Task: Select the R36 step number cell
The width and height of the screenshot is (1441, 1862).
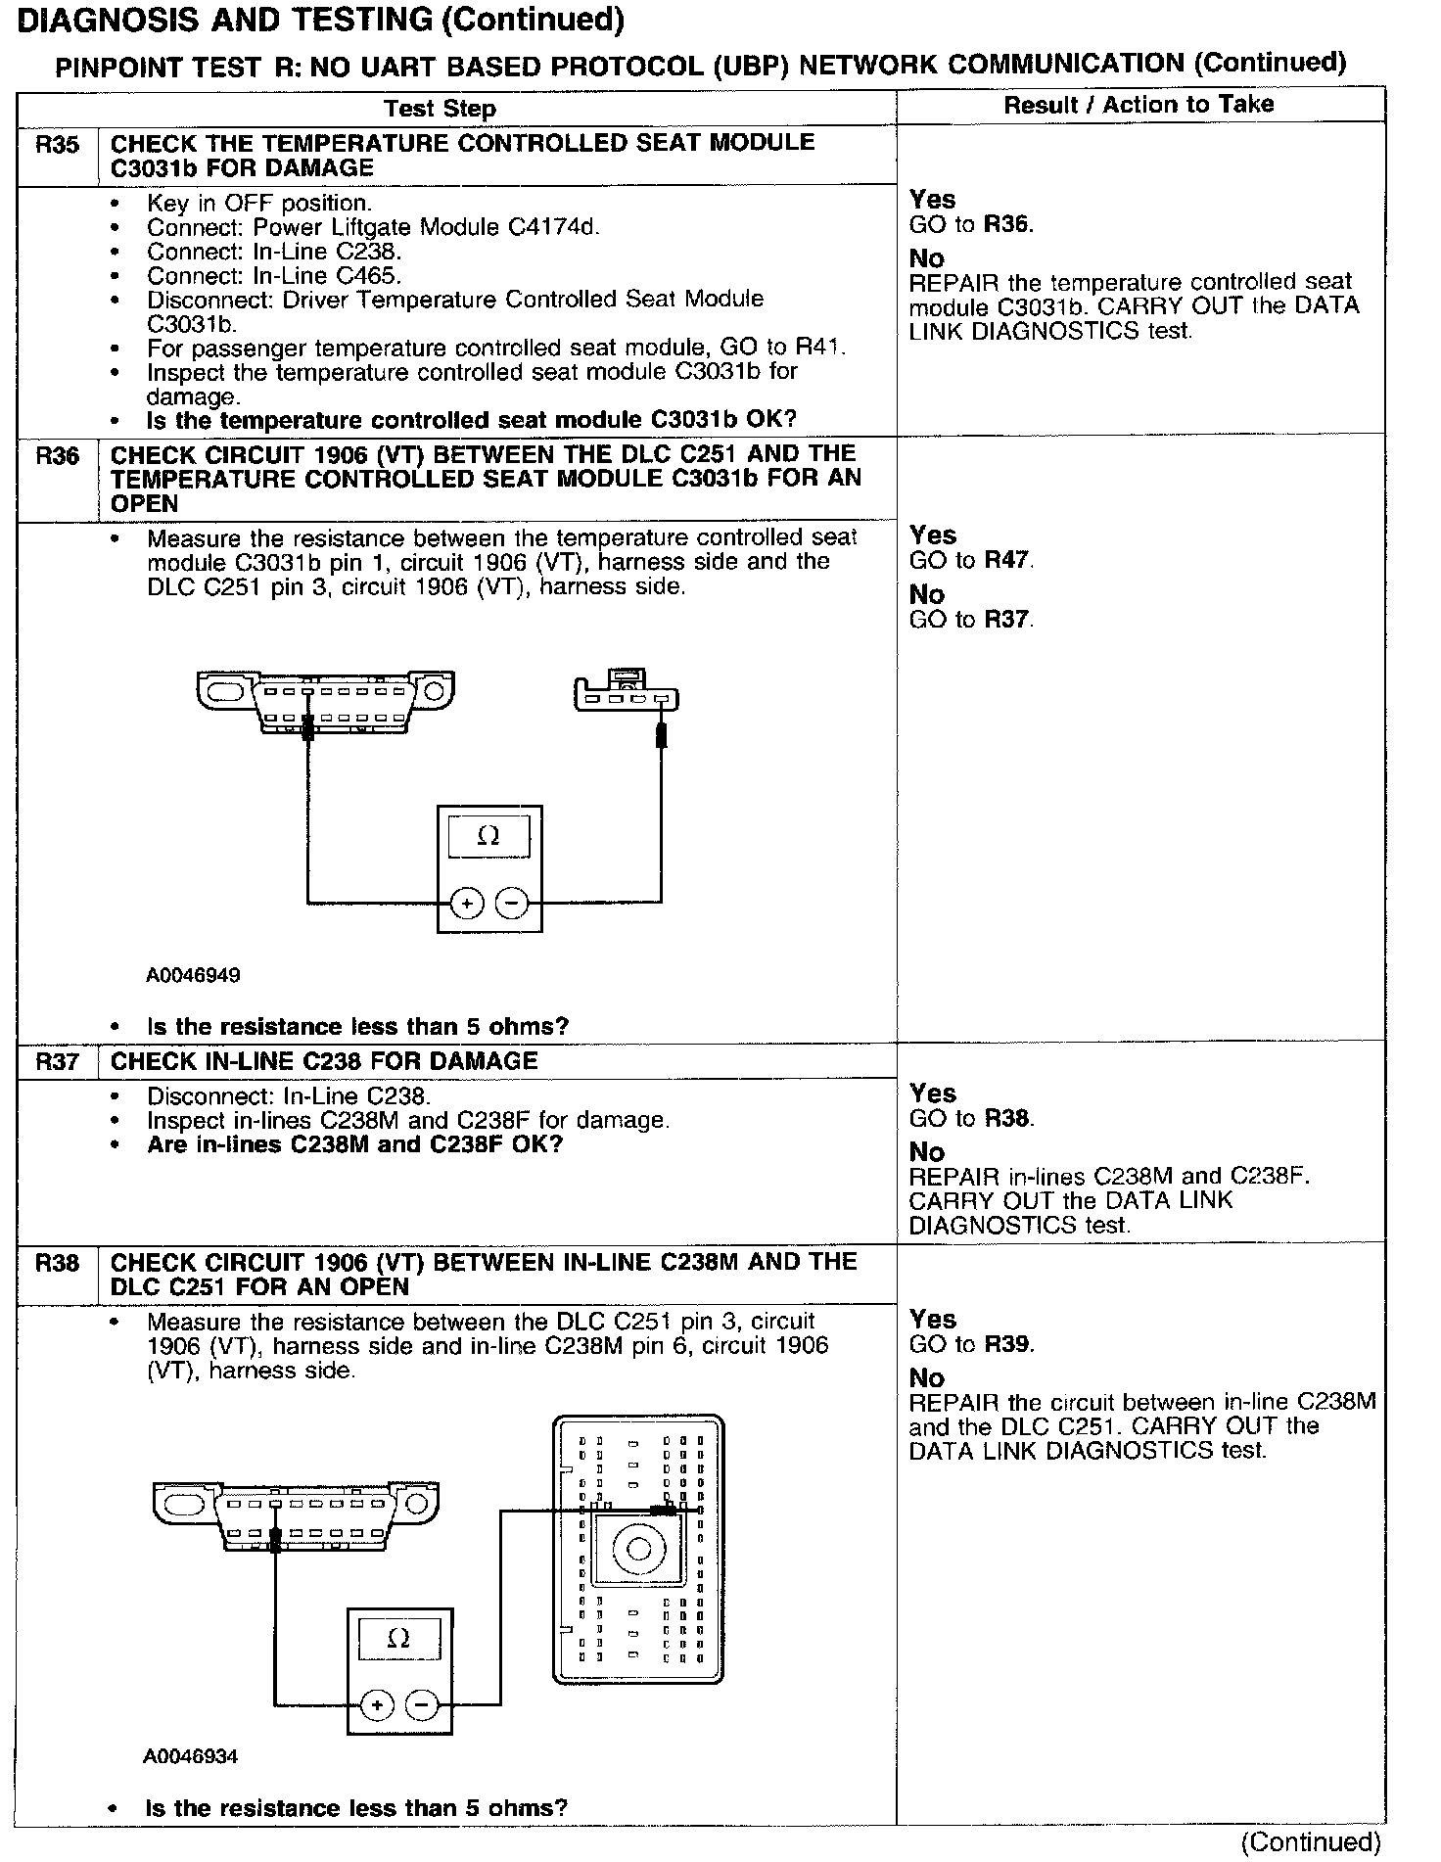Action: (x=57, y=456)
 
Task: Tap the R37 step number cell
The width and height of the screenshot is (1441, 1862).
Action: (x=57, y=1062)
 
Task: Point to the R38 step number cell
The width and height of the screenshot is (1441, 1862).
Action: (x=57, y=1264)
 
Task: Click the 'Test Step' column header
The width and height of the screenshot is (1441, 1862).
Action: (x=440, y=109)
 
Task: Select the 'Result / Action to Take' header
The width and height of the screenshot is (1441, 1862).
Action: (x=1139, y=105)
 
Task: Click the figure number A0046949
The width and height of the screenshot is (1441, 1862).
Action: (x=193, y=975)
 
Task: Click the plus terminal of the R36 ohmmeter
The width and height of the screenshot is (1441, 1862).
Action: (x=467, y=903)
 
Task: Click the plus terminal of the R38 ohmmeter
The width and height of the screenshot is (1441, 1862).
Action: (x=376, y=1705)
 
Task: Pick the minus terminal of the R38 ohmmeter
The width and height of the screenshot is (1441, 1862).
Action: (x=421, y=1705)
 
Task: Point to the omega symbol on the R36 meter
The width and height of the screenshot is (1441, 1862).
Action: (x=488, y=837)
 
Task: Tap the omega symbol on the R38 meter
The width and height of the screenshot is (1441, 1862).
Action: (x=398, y=1639)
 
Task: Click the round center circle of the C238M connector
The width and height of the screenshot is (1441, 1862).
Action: (x=638, y=1549)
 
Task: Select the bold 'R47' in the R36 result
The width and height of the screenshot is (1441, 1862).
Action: (x=1008, y=561)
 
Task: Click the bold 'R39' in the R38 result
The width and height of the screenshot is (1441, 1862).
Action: (x=1008, y=1345)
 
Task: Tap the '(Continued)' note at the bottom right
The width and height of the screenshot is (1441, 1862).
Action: (x=1310, y=1841)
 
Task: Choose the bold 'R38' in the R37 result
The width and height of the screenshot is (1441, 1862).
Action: (x=1008, y=1119)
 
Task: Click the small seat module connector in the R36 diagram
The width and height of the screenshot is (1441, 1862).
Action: (x=626, y=693)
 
